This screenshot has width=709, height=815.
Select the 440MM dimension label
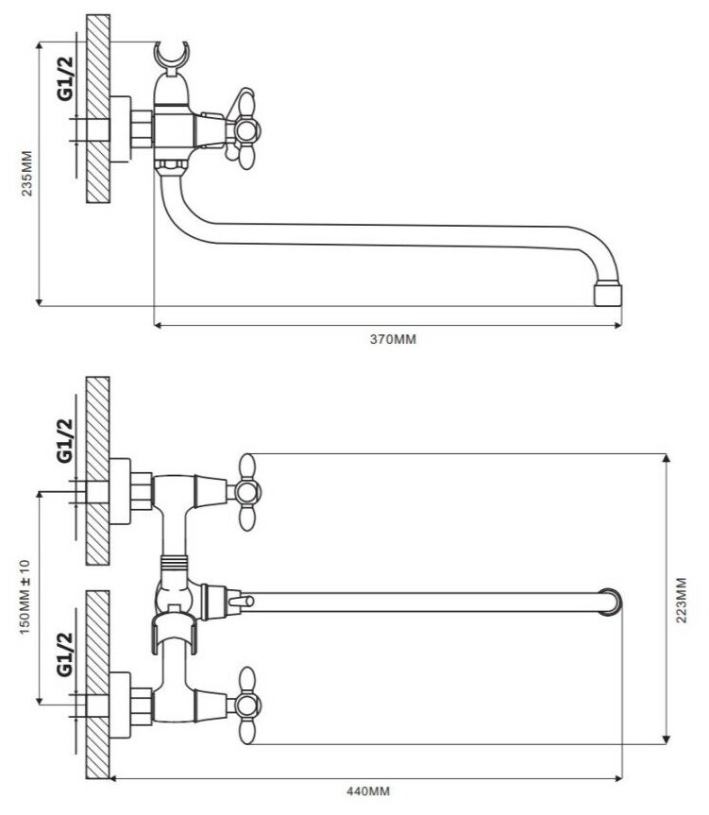[x=368, y=791]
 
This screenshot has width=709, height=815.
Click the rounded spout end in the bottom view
[x=613, y=602]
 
